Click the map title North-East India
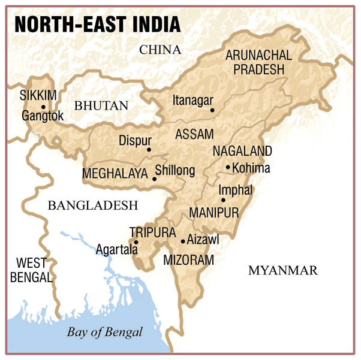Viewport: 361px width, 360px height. [97, 24]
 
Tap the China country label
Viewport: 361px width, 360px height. [160, 50]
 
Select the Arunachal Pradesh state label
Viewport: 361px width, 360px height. [258, 62]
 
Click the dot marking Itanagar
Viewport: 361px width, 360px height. [212, 110]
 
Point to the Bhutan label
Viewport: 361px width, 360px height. [101, 106]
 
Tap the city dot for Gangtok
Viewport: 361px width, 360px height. [43, 107]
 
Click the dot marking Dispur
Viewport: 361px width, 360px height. [149, 150]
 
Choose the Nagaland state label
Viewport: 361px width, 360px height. [242, 151]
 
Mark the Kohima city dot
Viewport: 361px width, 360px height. [228, 167]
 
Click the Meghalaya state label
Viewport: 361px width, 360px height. [115, 174]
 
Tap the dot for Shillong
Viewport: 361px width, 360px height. [155, 179]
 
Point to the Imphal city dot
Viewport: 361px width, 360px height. [223, 200]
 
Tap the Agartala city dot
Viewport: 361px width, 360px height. [137, 243]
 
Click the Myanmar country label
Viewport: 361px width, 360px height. [282, 271]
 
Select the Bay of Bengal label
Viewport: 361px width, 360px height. [105, 332]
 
